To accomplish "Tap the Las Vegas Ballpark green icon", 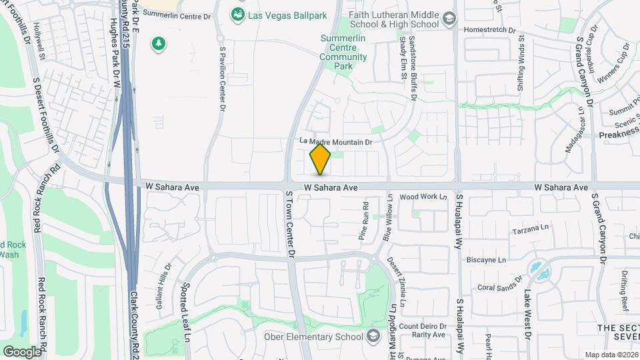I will pos(237,14).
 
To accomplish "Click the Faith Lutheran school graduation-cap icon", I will pos(449,18).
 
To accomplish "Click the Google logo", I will pos(22,351).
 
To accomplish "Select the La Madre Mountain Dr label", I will pos(335,141).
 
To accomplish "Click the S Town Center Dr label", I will pos(290,224).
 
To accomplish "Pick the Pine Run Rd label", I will pos(365,221).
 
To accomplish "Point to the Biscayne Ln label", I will pos(487,259).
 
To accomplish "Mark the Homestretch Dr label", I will pos(490,31).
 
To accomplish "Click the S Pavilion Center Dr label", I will pos(222,77).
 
